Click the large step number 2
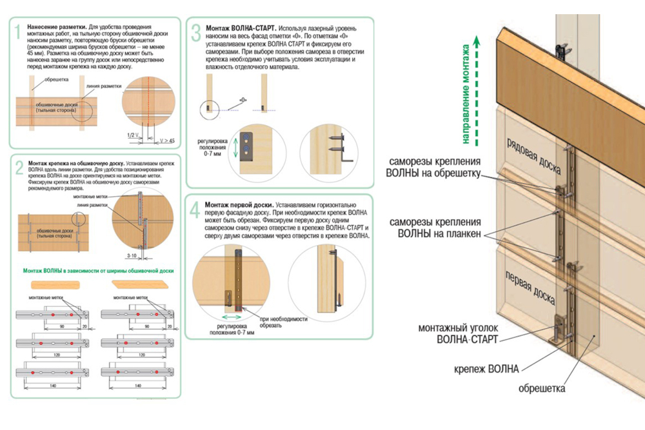19,167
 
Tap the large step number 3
196,33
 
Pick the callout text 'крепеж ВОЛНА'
493,369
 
